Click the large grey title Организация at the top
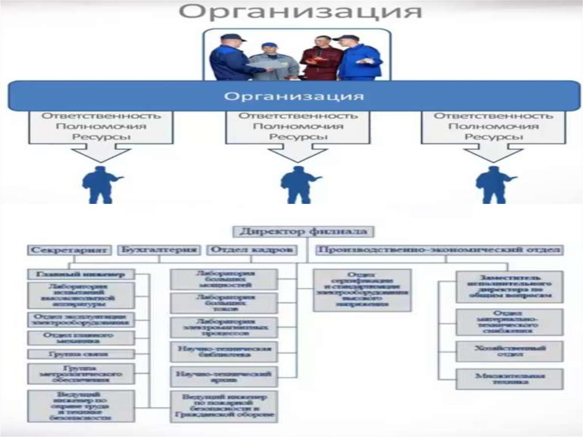[x=301, y=13]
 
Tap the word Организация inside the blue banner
[x=294, y=95]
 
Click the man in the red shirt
[x=320, y=59]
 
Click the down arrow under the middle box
[x=297, y=153]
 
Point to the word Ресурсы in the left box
[x=101, y=137]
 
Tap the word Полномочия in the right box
[x=494, y=126]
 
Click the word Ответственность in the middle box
[x=298, y=115]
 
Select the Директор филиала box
[x=303, y=231]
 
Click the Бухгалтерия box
[x=159, y=250]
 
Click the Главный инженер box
[x=80, y=273]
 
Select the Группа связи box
[x=80, y=354]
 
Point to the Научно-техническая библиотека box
[x=224, y=352]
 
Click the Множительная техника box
[x=509, y=379]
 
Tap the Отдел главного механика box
[x=80, y=337]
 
